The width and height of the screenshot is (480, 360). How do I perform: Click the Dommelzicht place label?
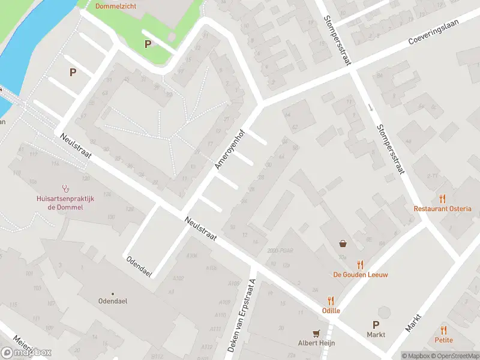[x=116, y=7]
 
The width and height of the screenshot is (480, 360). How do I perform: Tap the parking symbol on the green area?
[x=148, y=44]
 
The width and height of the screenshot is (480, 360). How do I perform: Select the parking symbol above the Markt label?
[x=376, y=324]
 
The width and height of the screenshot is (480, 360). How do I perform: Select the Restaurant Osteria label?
[x=442, y=209]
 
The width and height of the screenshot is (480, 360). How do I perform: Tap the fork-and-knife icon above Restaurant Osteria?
[x=443, y=198]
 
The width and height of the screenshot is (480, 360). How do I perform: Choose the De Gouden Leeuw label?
[x=361, y=275]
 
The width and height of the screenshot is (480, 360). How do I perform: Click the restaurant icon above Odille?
[x=331, y=301]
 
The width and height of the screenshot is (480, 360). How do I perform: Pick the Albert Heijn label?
[x=316, y=343]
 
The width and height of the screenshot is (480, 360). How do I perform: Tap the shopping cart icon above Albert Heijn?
[x=316, y=333]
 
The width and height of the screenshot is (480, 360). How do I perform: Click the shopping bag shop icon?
[x=343, y=244]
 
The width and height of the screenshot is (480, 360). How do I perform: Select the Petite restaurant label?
[x=443, y=340]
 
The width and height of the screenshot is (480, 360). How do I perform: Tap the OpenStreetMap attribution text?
[x=456, y=356]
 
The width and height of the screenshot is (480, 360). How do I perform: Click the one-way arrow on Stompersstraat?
[x=370, y=108]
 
